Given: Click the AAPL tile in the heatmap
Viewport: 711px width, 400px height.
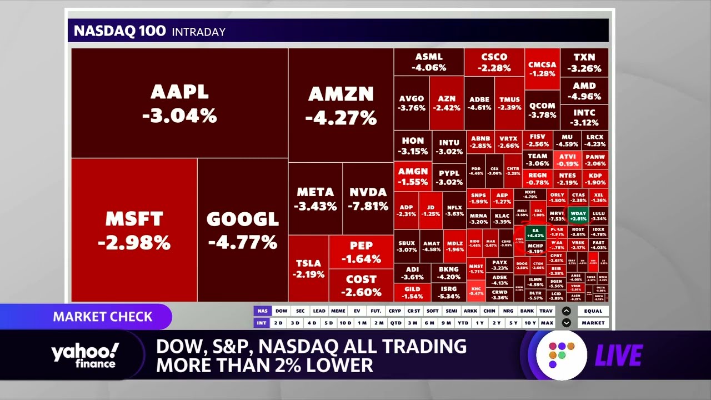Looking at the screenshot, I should tap(179, 103).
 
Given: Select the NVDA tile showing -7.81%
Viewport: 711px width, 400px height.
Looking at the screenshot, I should tap(368, 198).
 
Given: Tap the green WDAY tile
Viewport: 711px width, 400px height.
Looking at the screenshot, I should tap(578, 216).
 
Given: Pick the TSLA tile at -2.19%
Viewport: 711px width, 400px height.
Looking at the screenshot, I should tap(308, 268).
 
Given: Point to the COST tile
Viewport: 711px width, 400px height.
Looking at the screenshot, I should tap(361, 286).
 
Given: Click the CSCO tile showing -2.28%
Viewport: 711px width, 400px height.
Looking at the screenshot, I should tap(494, 62).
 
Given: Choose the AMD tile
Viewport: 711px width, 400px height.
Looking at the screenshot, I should tap(584, 91).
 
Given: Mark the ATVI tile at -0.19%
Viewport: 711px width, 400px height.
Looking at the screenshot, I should tap(568, 160).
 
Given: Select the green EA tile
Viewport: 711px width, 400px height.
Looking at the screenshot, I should tap(535, 233).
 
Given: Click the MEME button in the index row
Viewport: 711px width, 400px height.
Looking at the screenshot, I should tap(338, 311).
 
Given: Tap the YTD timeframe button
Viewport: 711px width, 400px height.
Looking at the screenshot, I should tap(463, 323).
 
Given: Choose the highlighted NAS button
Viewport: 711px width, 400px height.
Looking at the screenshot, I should tap(262, 311).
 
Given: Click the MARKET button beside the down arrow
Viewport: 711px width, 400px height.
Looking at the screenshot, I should tap(593, 323).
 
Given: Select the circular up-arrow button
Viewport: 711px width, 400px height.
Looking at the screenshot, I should tap(566, 311).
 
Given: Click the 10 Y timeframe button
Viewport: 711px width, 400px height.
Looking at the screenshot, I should tap(530, 323).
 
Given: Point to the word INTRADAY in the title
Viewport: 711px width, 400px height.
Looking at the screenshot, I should tap(198, 32).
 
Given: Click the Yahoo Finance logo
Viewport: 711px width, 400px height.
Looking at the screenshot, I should tap(84, 356).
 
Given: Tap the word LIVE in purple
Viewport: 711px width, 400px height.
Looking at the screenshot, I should tap(619, 356).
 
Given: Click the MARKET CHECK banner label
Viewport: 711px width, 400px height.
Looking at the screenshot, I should tap(103, 317).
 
